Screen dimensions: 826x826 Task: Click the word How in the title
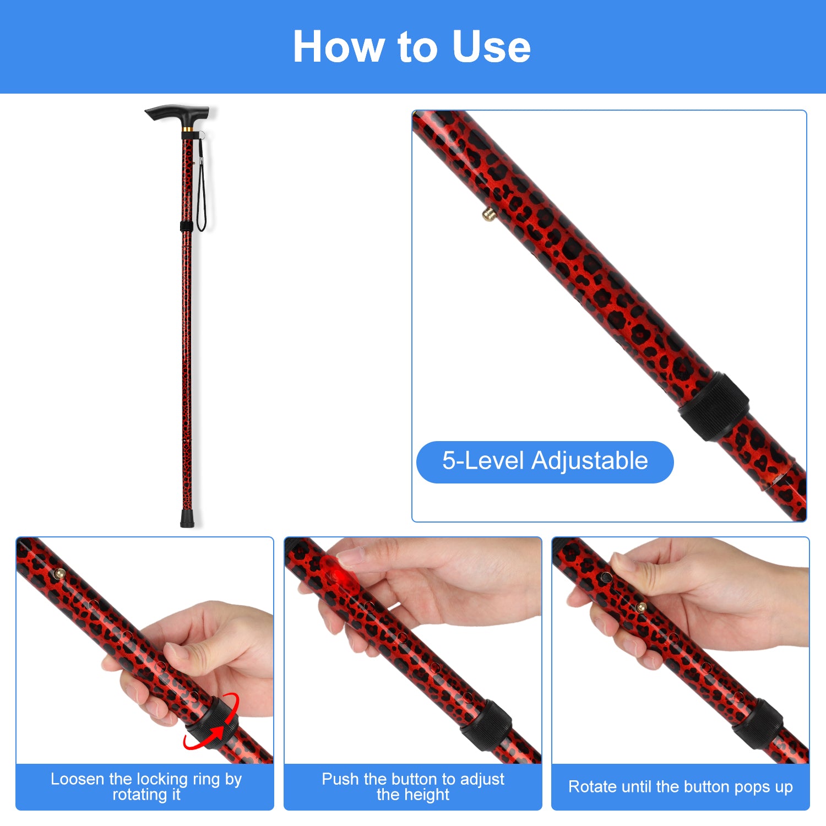click(338, 47)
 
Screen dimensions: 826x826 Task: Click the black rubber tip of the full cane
click(188, 519)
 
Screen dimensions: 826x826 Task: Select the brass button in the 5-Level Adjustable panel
click(487, 214)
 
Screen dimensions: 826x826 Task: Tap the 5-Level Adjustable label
click(545, 461)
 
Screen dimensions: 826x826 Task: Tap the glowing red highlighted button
click(336, 574)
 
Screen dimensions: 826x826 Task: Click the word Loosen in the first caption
click(78, 779)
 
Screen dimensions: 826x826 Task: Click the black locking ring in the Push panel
click(487, 725)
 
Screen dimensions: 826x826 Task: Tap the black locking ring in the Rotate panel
click(758, 724)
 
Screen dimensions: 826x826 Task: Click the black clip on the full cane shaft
click(187, 226)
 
